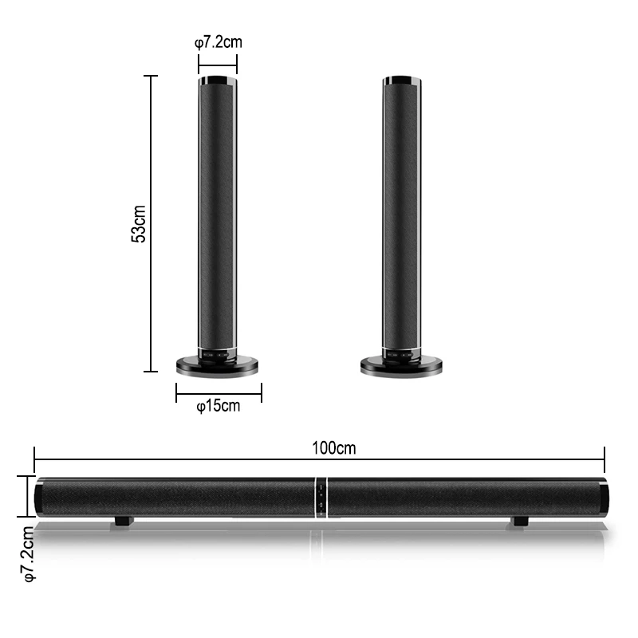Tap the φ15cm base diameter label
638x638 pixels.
pos(218,406)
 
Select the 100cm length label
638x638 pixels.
pos(334,448)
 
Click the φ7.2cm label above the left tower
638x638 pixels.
pos(218,42)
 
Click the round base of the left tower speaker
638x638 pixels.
pos(219,365)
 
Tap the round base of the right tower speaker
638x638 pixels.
pos(401,365)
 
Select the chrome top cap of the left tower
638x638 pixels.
pos(218,81)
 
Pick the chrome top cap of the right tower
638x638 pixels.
pos(401,81)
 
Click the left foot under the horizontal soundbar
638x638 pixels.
pos(123,522)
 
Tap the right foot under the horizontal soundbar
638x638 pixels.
pos(519,522)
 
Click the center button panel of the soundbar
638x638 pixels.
pos(319,498)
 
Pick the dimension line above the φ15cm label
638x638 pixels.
pos(219,391)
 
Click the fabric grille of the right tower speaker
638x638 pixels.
pos(401,215)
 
